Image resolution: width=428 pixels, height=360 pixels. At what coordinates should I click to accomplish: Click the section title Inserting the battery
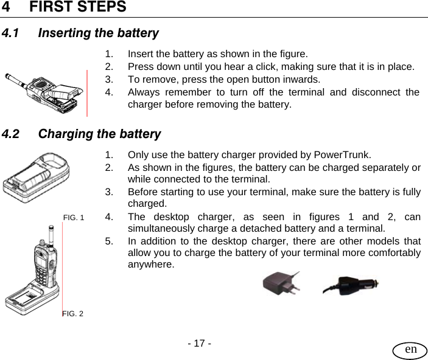pyautogui.click(x=98, y=33)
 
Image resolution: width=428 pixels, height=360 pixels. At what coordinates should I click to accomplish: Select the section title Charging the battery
pyautogui.click(x=99, y=134)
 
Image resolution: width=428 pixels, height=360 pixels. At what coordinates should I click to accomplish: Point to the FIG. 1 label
pyautogui.click(x=74, y=217)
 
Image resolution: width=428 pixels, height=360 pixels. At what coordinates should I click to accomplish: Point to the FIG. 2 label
pyautogui.click(x=73, y=313)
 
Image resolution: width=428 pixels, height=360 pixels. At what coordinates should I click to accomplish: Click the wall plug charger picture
pyautogui.click(x=280, y=283)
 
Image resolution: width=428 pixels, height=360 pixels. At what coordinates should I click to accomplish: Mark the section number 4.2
pyautogui.click(x=13, y=134)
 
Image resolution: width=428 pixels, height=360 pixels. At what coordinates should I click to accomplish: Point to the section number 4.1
pyautogui.click(x=13, y=33)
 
